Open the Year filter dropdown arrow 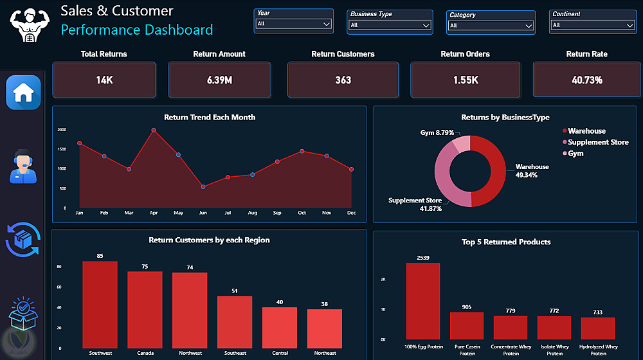[x=327, y=24]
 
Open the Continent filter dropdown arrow [x=630, y=26]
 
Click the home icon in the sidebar [x=23, y=93]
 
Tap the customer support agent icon [x=23, y=166]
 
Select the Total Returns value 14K [x=104, y=80]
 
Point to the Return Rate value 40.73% [x=587, y=80]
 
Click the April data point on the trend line [x=154, y=130]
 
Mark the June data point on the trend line [x=203, y=187]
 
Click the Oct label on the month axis [x=302, y=213]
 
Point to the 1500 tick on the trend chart [x=62, y=149]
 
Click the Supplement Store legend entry [x=595, y=142]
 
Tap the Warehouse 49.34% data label [x=532, y=171]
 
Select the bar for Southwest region [x=100, y=305]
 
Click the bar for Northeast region [x=324, y=329]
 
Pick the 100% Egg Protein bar [x=423, y=301]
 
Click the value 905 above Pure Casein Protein [x=467, y=307]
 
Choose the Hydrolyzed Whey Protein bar [x=598, y=328]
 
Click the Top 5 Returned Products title [x=506, y=242]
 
